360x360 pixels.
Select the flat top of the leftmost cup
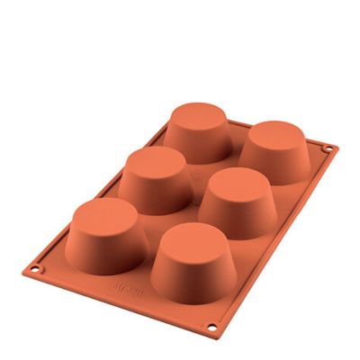tap(108, 216)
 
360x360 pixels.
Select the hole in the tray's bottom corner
tap(213, 326)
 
